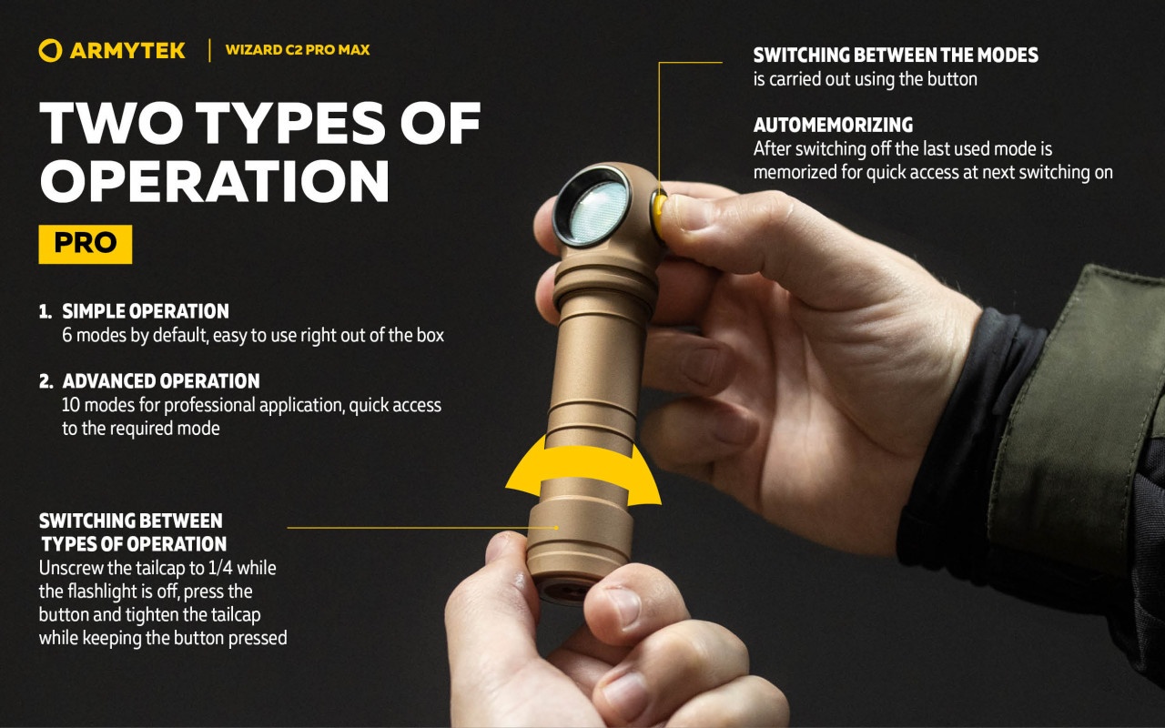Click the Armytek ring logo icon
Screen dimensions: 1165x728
pyautogui.click(x=50, y=50)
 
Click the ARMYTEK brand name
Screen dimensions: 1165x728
pyautogui.click(x=127, y=51)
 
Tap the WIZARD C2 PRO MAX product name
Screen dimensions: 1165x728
pyautogui.click(x=298, y=50)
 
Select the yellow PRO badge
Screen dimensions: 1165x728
pyautogui.click(x=86, y=244)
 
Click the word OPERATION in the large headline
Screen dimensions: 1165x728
pyautogui.click(x=214, y=180)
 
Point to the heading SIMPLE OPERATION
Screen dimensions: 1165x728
pyautogui.click(x=146, y=311)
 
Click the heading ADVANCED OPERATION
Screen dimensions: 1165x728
pyautogui.click(x=161, y=380)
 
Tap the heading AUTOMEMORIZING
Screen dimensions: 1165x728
pyautogui.click(x=833, y=125)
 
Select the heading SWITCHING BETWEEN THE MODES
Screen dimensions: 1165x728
pyautogui.click(x=896, y=55)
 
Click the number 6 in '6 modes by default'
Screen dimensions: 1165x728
pyautogui.click(x=66, y=336)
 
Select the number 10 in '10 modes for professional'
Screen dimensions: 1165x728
pyautogui.click(x=71, y=405)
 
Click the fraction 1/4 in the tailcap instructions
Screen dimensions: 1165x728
pyautogui.click(x=219, y=568)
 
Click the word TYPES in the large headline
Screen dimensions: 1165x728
pyautogui.click(x=290, y=123)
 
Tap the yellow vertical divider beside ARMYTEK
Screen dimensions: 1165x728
pyautogui.click(x=209, y=50)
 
